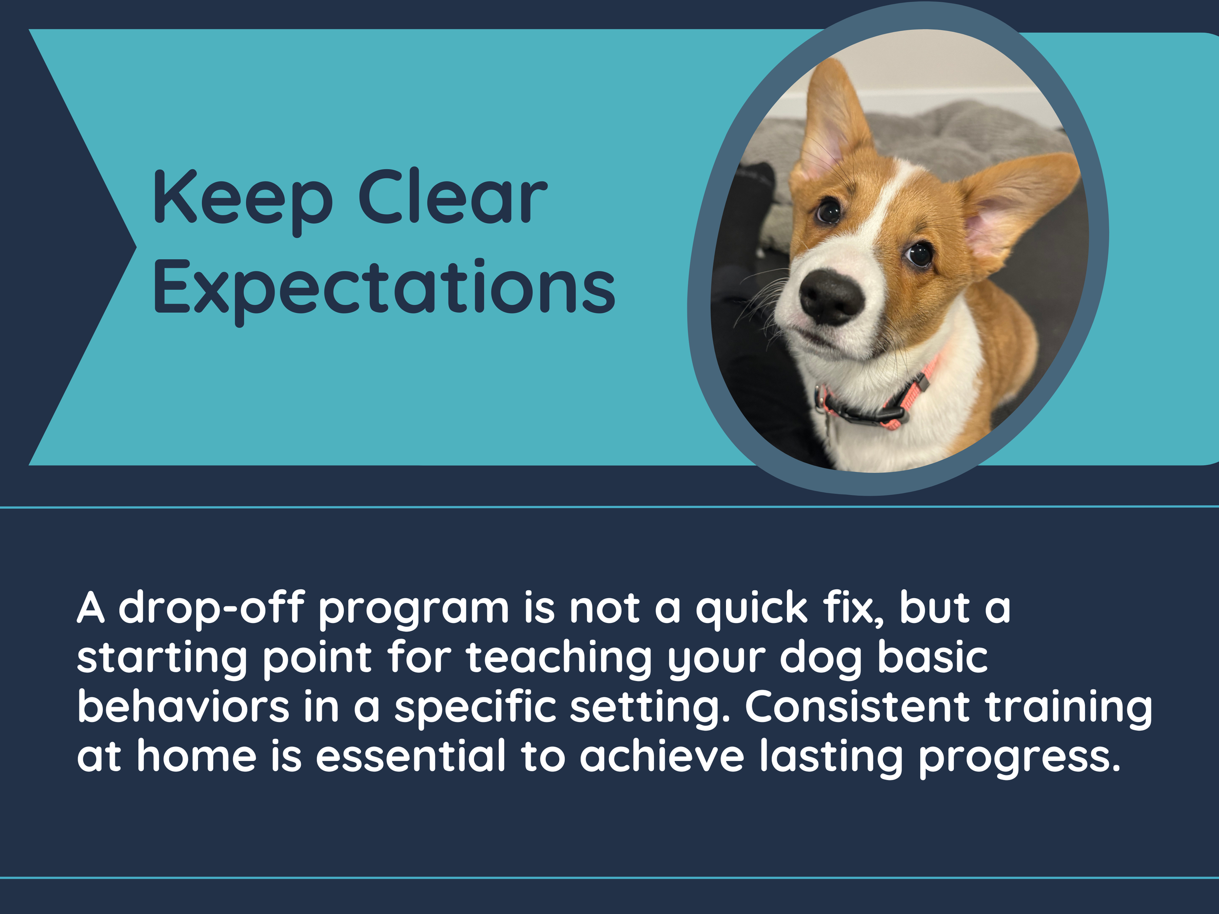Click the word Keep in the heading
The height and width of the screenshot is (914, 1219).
tap(242, 198)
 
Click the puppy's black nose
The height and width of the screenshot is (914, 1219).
tap(830, 296)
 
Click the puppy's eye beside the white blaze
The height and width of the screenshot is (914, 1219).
tap(828, 211)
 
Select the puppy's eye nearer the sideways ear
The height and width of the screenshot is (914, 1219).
tap(919, 254)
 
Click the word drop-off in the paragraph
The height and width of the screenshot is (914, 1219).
tap(212, 608)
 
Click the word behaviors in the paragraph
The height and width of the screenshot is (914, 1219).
tap(183, 707)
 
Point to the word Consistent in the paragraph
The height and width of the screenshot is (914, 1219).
tap(857, 707)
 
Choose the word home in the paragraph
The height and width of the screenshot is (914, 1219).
tap(197, 756)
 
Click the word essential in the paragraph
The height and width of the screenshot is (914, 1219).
tap(411, 756)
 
